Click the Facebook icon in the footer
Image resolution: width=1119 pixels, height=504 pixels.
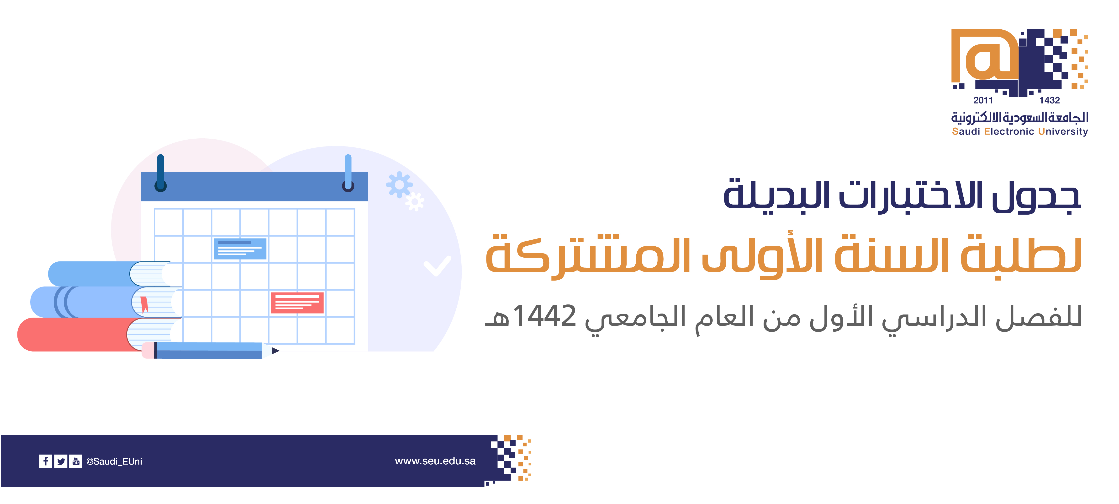[x=46, y=461]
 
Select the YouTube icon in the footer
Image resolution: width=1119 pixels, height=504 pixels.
[x=76, y=461]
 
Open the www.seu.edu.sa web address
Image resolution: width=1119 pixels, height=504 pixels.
[x=435, y=461]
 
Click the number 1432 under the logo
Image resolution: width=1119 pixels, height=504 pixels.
[x=1050, y=100]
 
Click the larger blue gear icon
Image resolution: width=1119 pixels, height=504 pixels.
[x=399, y=185]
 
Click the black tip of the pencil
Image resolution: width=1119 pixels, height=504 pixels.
[x=275, y=351]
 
